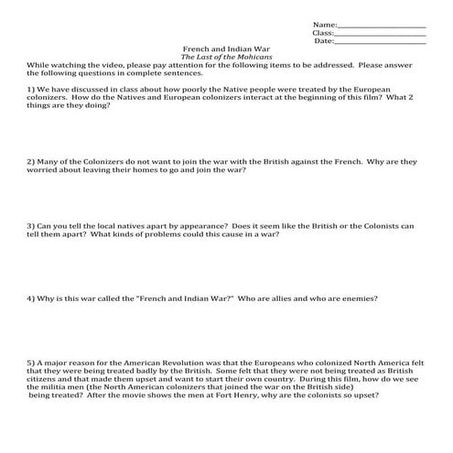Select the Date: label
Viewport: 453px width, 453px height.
point(324,41)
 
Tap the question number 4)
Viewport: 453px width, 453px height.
point(31,298)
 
